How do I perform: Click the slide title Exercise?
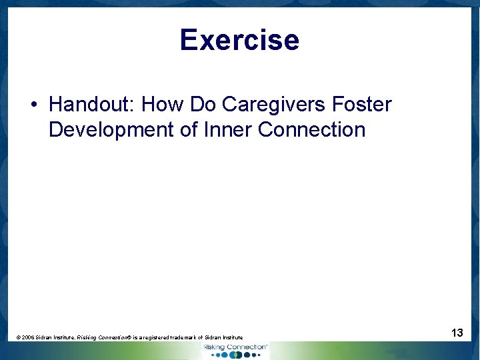pyautogui.click(x=239, y=40)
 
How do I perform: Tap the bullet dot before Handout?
pyautogui.click(x=33, y=105)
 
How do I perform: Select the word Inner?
pyautogui.click(x=228, y=129)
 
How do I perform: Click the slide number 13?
pyautogui.click(x=457, y=332)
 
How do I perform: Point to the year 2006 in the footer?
pyautogui.click(x=27, y=338)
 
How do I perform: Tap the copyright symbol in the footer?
pyautogui.click(x=18, y=338)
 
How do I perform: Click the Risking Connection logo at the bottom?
pyautogui.click(x=235, y=350)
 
